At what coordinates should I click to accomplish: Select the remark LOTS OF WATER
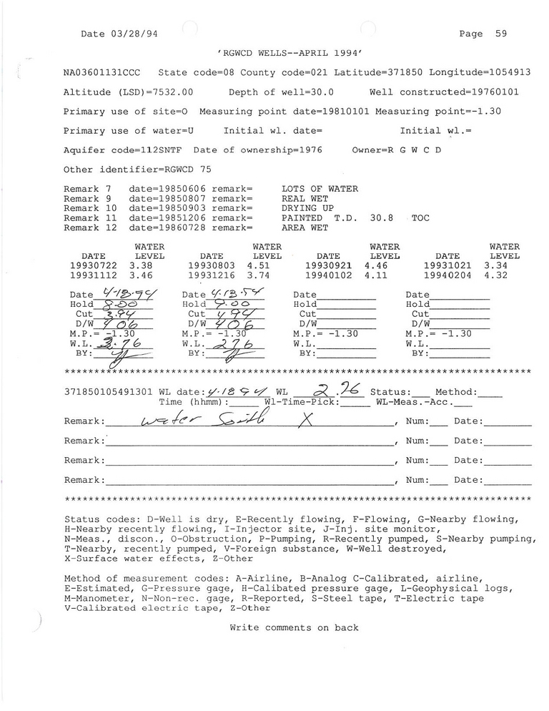(320, 189)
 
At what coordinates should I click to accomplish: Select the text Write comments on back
(294, 628)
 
